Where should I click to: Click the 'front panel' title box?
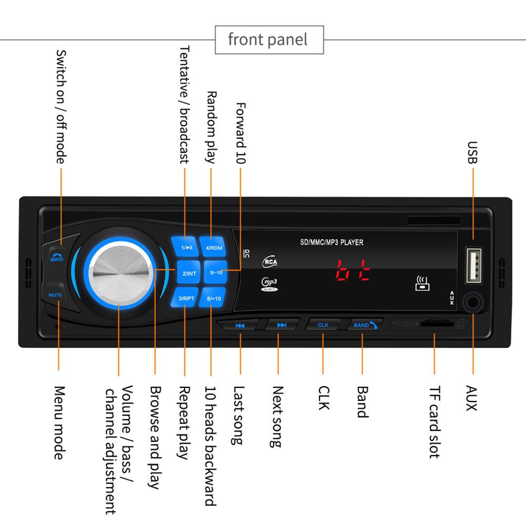(269, 39)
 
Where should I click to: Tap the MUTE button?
(55, 295)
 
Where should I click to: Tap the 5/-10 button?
(215, 273)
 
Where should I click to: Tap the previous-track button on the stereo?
(240, 325)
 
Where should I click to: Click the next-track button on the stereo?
(282, 325)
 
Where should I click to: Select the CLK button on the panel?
(323, 325)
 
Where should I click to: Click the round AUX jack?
(473, 303)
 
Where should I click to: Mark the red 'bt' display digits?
(353, 270)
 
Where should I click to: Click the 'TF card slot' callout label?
(434, 422)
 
